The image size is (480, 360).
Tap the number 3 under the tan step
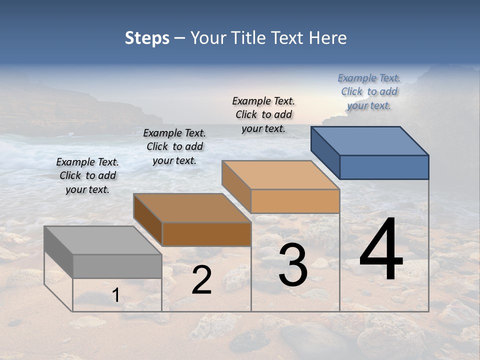click(x=292, y=265)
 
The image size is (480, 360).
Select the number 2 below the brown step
click(x=201, y=280)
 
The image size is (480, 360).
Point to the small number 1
click(x=116, y=295)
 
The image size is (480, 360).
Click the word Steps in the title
click(x=147, y=38)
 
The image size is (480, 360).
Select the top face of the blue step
click(x=369, y=140)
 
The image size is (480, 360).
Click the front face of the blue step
click(x=384, y=167)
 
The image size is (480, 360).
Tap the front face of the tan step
click(x=295, y=201)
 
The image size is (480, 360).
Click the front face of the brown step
click(x=206, y=234)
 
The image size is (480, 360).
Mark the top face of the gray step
click(x=102, y=240)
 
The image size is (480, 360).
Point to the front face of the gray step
click(x=117, y=266)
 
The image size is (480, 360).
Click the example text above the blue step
click(x=369, y=92)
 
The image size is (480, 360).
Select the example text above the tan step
click(x=263, y=115)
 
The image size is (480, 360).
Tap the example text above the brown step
click(x=174, y=147)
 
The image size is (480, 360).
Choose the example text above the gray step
click(x=87, y=176)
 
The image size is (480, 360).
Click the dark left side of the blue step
click(x=325, y=152)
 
